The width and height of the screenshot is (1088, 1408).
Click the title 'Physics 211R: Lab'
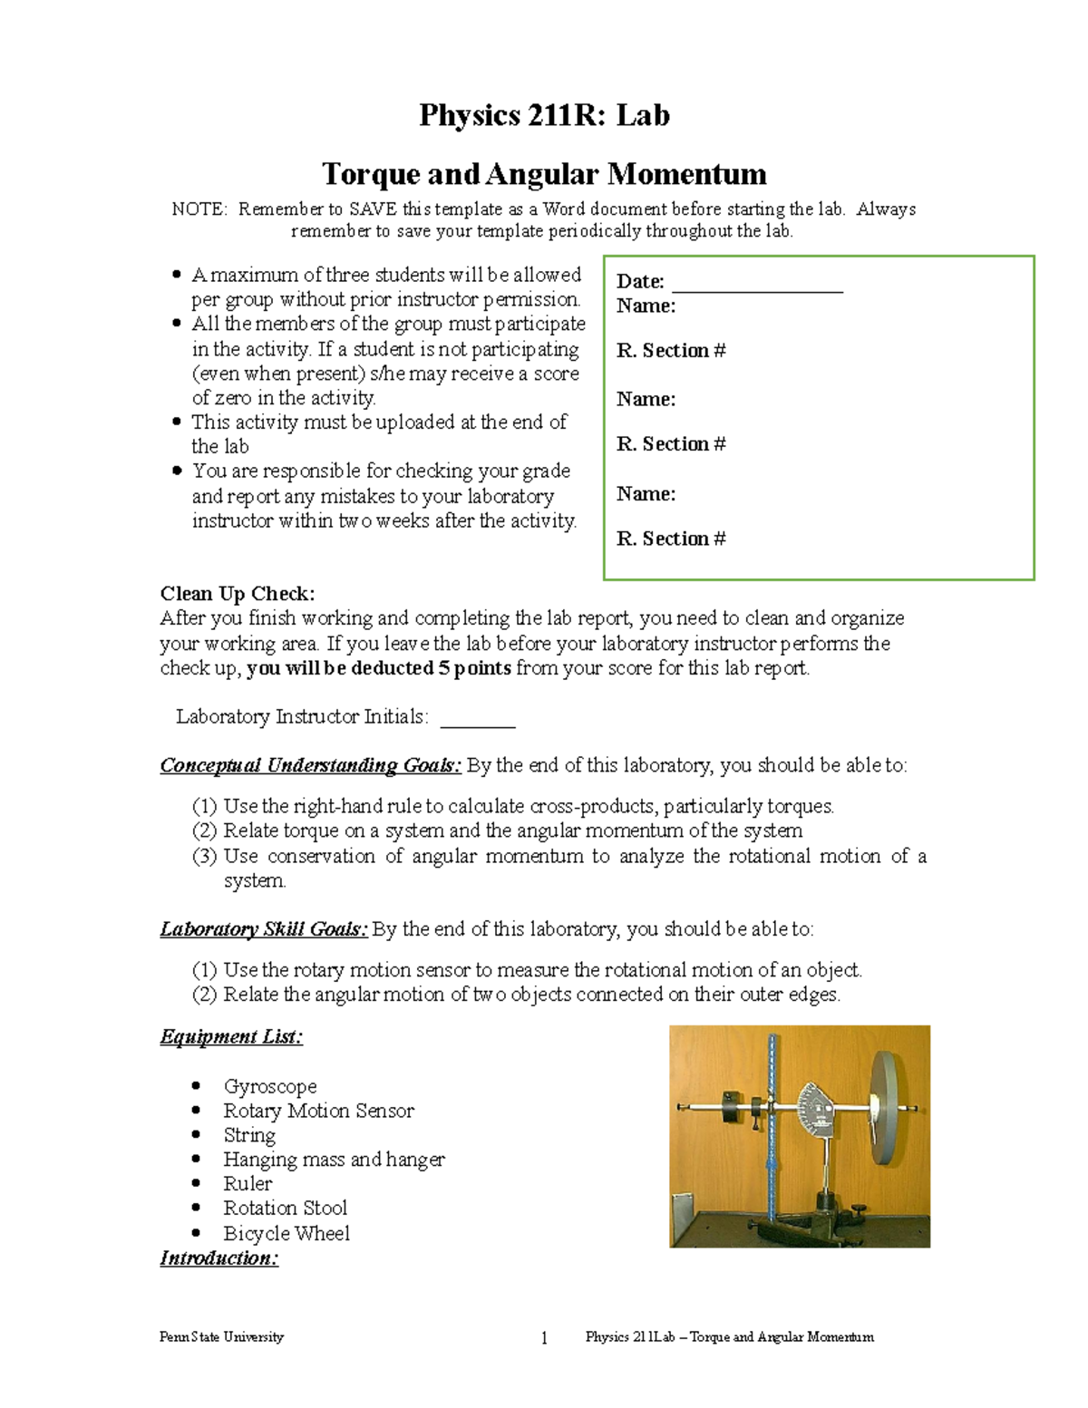(544, 116)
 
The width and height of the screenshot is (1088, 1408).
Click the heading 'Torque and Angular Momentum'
(544, 174)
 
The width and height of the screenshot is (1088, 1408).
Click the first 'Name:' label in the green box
(646, 306)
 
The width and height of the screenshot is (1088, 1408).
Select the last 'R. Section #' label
(671, 539)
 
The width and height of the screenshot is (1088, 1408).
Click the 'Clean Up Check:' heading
(238, 594)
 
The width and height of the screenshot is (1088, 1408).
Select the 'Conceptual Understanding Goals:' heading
(311, 766)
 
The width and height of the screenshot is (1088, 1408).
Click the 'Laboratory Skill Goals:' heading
(264, 929)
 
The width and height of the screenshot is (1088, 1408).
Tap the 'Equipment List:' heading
(231, 1037)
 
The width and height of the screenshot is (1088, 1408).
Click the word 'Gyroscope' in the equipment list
(270, 1086)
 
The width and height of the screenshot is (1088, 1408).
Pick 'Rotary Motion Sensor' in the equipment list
(318, 1111)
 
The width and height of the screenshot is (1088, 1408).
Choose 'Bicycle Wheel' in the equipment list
(287, 1233)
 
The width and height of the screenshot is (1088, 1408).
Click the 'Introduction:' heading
(219, 1258)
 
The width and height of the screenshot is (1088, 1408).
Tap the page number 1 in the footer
(544, 1338)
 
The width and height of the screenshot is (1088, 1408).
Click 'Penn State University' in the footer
(221, 1337)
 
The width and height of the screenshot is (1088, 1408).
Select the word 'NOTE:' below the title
(199, 209)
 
